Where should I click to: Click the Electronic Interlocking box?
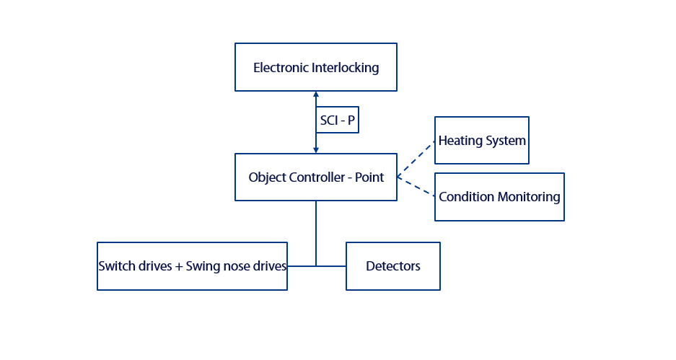(315, 67)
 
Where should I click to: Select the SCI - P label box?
(338, 120)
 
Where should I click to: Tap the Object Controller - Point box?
(315, 177)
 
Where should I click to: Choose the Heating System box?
(482, 140)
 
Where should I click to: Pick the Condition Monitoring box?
(499, 196)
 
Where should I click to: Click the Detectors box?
(393, 266)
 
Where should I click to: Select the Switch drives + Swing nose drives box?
(192, 266)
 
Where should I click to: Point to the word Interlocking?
(345, 68)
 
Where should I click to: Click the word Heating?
(460, 141)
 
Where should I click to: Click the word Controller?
(320, 177)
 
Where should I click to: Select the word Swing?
(201, 266)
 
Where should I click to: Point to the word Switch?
(116, 266)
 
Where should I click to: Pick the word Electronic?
(281, 68)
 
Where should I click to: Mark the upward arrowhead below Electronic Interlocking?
(316, 95)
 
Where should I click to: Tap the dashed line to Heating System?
(416, 159)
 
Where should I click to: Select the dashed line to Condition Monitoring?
(416, 186)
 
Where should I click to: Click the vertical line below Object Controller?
(316, 231)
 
